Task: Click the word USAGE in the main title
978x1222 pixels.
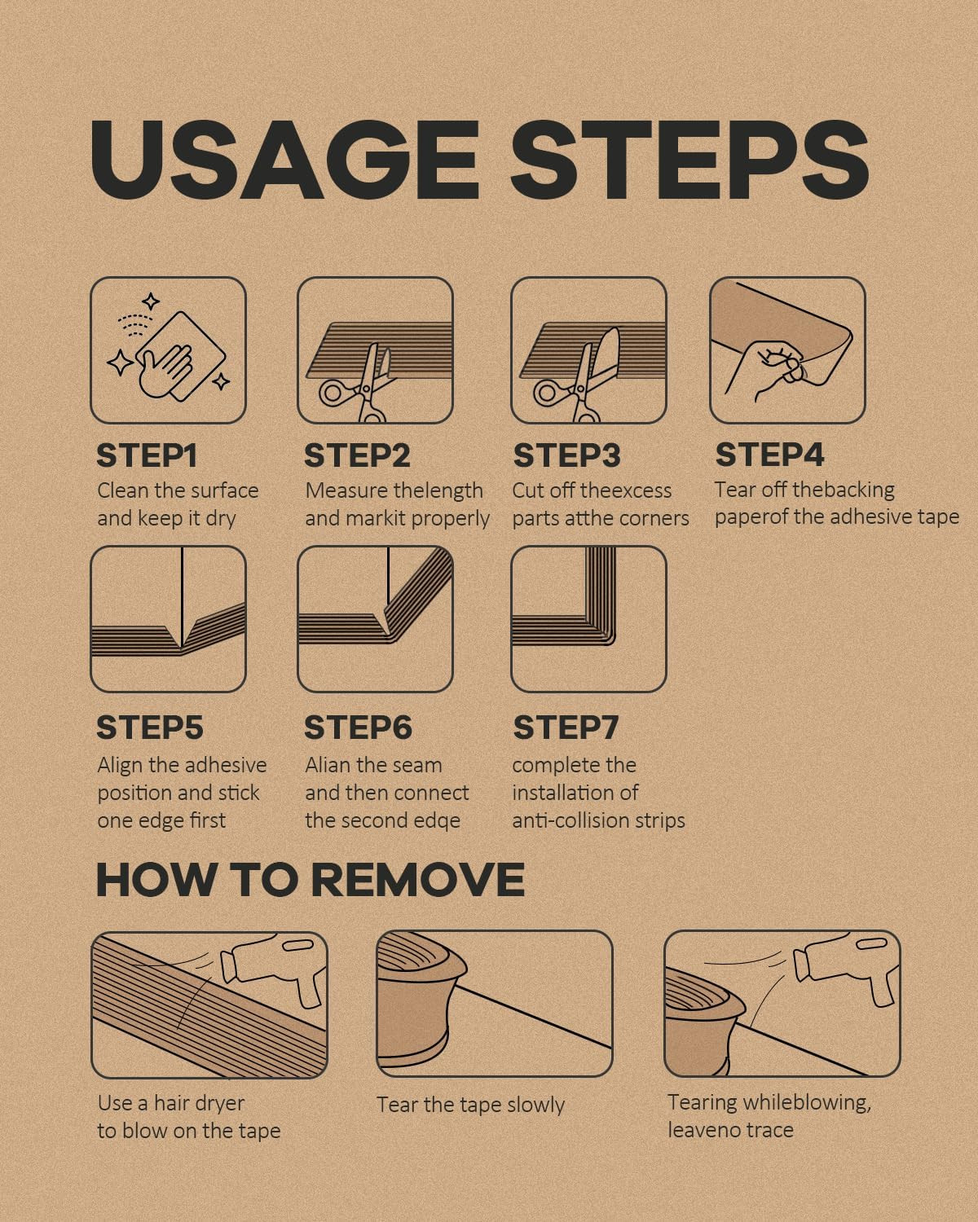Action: click(284, 160)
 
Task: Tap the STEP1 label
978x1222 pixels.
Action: click(147, 455)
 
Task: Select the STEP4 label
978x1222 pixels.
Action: click(769, 455)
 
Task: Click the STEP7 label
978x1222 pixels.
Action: click(566, 728)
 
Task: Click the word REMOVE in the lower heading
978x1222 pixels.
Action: click(417, 880)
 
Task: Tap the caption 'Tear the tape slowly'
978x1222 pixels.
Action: click(470, 1105)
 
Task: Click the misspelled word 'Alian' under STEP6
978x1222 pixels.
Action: click(325, 765)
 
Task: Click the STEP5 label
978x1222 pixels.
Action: click(150, 728)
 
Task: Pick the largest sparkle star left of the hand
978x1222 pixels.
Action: click(120, 363)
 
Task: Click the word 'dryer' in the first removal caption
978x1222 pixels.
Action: click(222, 1104)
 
